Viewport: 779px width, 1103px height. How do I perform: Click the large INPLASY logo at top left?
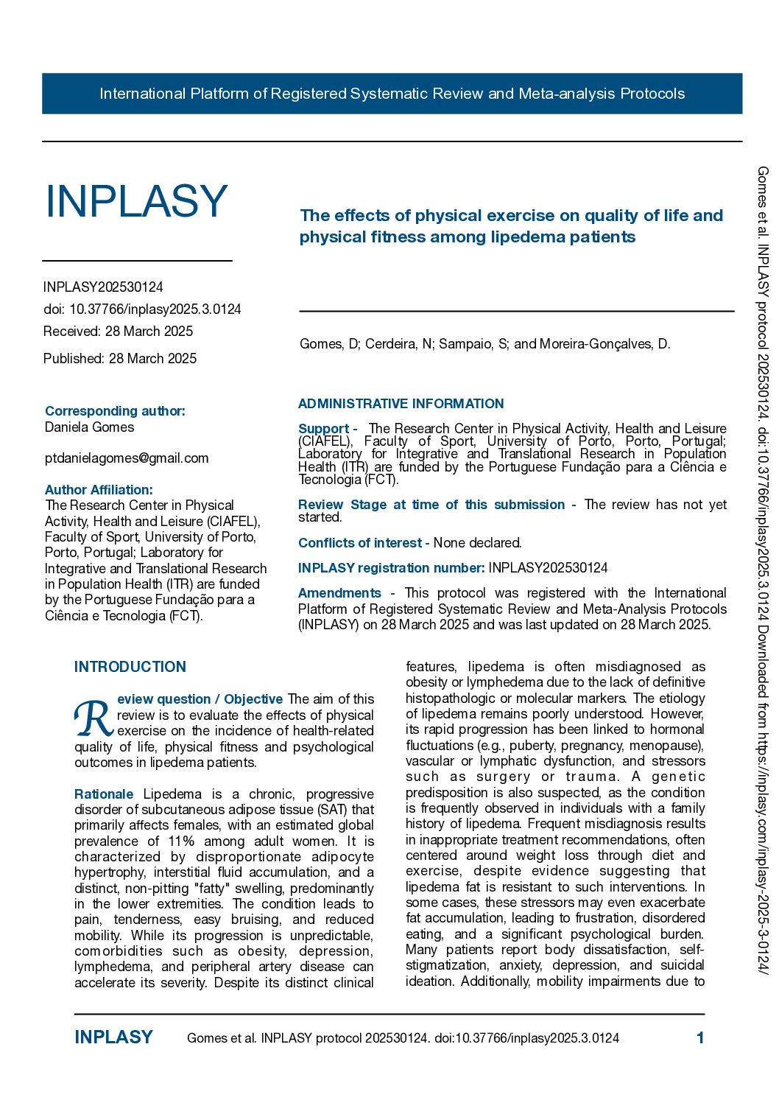point(136,201)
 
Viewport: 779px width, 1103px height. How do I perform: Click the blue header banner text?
point(392,94)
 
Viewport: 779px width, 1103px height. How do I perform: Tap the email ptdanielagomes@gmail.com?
point(127,458)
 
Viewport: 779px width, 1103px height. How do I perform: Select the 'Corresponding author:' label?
point(115,411)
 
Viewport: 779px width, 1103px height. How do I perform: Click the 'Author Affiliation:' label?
point(99,490)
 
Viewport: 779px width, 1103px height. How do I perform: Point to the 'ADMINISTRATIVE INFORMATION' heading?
point(401,404)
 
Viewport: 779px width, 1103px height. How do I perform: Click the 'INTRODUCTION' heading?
point(130,667)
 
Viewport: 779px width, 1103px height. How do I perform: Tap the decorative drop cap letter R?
point(94,718)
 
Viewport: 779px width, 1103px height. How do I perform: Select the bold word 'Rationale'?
point(104,794)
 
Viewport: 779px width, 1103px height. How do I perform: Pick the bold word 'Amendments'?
point(339,593)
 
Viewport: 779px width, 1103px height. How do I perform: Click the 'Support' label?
point(323,429)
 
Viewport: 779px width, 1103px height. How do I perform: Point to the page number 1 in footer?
point(700,1038)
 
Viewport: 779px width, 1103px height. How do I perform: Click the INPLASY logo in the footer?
point(113,1037)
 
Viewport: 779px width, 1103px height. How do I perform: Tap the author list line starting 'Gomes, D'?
point(484,344)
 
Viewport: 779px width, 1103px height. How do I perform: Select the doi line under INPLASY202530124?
point(142,309)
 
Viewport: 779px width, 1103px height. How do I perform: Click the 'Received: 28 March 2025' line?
point(118,332)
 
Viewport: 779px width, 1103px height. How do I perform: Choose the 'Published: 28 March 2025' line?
point(120,359)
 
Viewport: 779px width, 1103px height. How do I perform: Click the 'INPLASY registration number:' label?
point(391,568)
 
